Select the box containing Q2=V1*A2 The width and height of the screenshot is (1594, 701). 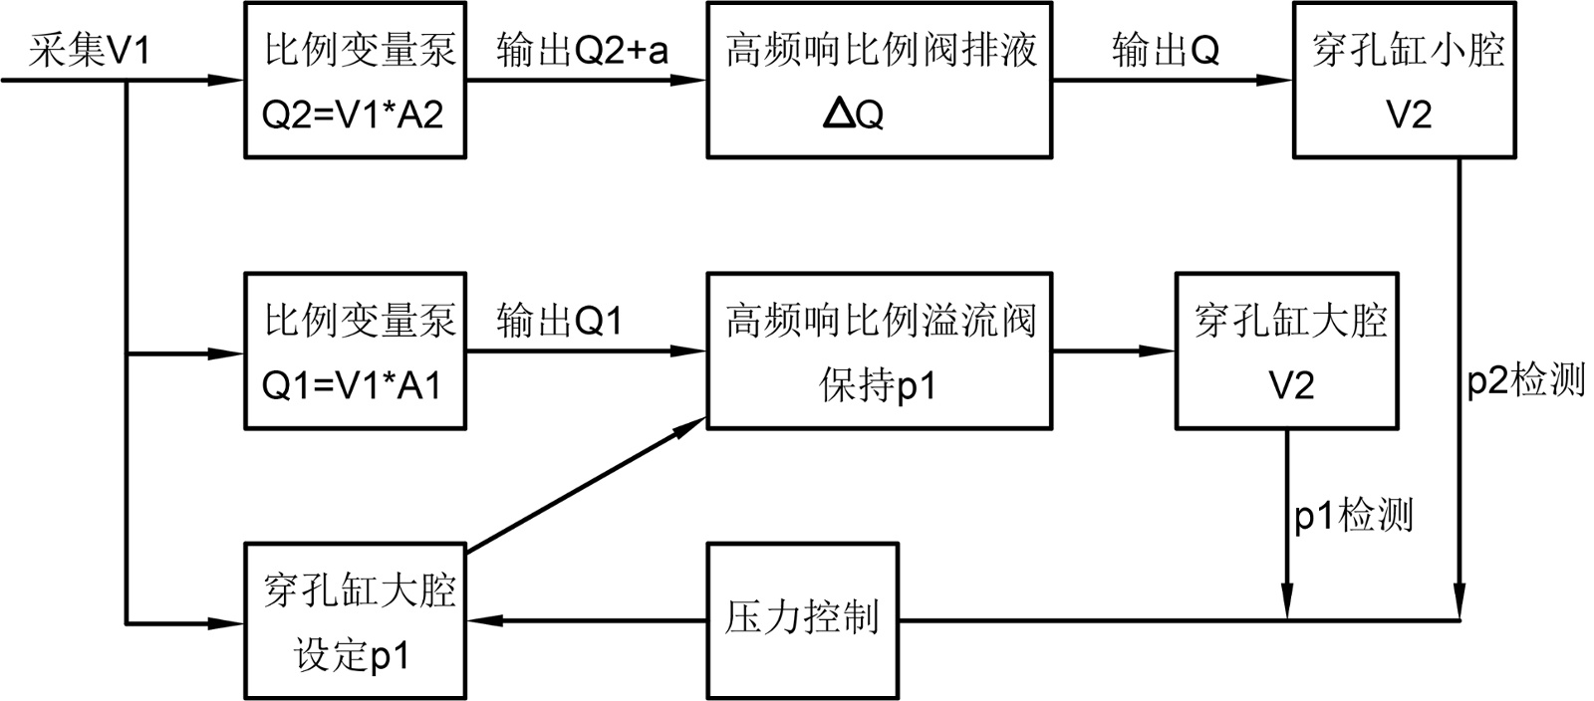tap(355, 80)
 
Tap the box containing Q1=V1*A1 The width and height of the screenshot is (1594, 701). tap(355, 351)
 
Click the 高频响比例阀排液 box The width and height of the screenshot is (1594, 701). tap(879, 80)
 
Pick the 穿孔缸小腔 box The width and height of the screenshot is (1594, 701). tap(1405, 80)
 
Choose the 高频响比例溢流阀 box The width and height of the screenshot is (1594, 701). tap(879, 351)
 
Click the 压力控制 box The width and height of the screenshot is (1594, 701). tap(802, 620)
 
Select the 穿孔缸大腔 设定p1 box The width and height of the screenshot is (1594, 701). tap(355, 620)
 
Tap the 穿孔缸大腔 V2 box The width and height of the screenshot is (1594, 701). tap(1287, 351)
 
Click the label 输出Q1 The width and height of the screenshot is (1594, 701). tap(560, 321)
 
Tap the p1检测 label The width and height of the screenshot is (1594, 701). tap(1353, 515)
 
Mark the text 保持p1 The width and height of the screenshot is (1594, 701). tap(879, 386)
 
